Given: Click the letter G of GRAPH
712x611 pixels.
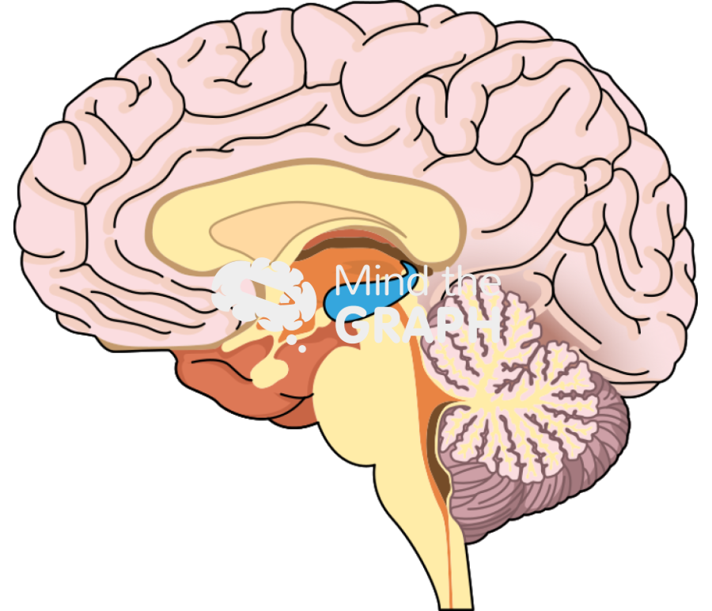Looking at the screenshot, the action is tap(352, 325).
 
